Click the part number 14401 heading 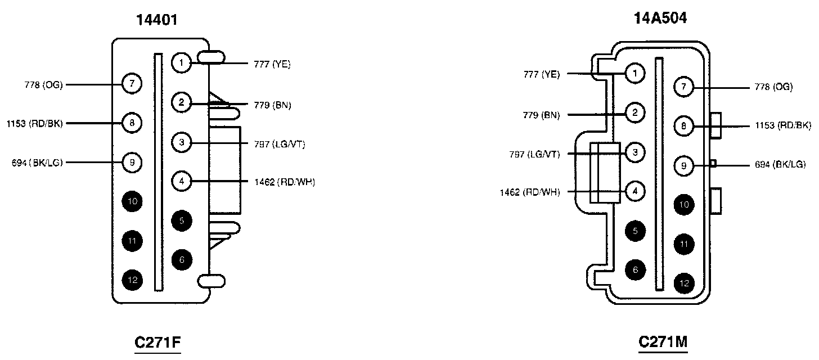(157, 20)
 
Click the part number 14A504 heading (660, 19)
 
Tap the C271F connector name (157, 343)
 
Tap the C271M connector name (664, 342)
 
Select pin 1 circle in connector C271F (181, 62)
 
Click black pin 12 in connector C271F (131, 280)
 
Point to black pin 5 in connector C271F (181, 220)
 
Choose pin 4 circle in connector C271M (634, 191)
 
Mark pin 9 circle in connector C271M (683, 165)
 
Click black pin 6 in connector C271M (634, 269)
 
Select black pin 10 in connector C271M (683, 205)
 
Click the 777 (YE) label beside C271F (272, 64)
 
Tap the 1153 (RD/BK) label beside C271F (35, 123)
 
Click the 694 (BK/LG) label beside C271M (780, 165)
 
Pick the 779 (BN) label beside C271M (541, 115)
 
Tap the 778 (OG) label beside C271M (773, 87)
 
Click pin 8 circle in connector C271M (683, 127)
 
